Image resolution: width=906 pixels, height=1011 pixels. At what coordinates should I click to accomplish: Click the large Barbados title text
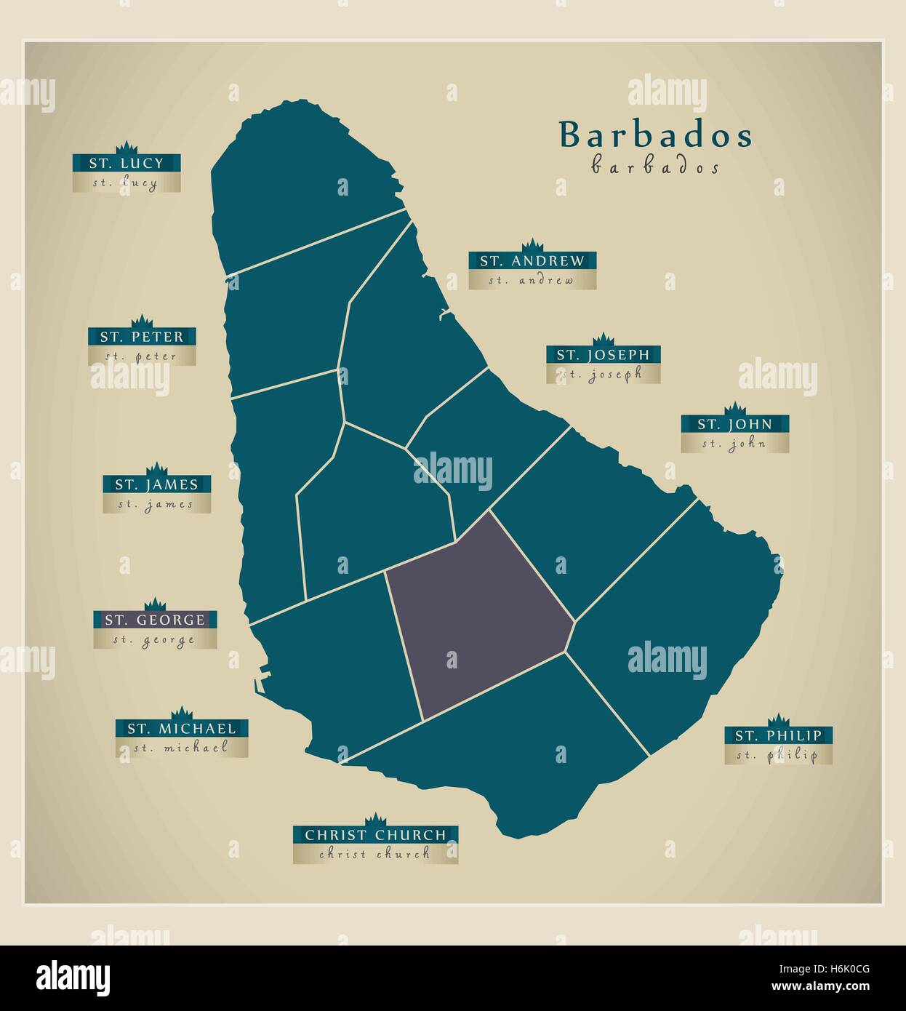655,135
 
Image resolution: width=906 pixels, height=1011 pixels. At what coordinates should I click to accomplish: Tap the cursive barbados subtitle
655,167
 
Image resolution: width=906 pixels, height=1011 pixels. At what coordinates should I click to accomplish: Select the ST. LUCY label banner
127,163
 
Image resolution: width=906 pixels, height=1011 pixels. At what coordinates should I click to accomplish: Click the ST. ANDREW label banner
532,261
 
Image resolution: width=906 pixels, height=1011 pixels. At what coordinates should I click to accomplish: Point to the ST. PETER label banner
142,337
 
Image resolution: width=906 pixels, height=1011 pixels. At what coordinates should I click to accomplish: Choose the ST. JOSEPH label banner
603,355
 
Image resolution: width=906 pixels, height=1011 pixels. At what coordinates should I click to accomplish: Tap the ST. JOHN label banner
734,424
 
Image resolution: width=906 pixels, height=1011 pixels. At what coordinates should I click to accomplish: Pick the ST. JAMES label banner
156,484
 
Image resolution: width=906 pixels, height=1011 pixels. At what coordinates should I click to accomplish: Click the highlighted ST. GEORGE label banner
155,620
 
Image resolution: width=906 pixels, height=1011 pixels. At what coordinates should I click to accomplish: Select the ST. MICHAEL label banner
182,728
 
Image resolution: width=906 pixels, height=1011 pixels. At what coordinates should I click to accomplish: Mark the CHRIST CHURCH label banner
375,835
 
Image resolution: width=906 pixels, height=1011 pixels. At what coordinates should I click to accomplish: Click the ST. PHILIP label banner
778,735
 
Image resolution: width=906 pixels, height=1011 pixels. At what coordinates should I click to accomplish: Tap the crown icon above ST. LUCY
127,146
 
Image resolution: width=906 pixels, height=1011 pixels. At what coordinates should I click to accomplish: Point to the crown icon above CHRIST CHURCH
375,819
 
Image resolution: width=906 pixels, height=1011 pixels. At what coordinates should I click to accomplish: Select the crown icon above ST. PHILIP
778,719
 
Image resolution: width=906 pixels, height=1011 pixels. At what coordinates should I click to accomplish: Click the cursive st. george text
154,640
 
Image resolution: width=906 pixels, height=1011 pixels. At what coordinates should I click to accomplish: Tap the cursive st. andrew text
532,280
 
